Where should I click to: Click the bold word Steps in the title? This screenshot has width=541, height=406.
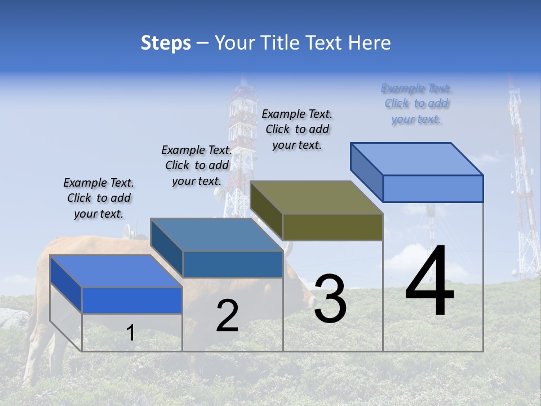(x=166, y=43)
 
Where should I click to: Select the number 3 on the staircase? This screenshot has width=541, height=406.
(x=330, y=299)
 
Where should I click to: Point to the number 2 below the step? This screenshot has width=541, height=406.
(x=227, y=316)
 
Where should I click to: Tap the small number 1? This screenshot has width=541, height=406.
(x=130, y=333)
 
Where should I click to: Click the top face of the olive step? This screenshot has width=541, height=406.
(x=316, y=197)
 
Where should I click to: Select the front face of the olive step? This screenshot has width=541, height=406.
(x=332, y=227)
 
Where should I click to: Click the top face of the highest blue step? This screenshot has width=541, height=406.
(x=417, y=158)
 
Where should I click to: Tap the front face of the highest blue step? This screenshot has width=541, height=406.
(x=433, y=188)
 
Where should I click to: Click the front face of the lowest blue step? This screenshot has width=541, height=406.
(x=132, y=300)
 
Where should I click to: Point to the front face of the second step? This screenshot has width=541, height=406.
(x=233, y=264)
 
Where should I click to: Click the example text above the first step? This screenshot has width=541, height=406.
(x=99, y=198)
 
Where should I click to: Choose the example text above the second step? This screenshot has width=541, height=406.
(x=197, y=165)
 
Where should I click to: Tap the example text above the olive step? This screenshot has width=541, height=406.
(x=297, y=129)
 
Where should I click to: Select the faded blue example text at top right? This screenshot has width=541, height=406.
(x=416, y=103)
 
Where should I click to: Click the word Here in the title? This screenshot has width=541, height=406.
(x=370, y=43)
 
